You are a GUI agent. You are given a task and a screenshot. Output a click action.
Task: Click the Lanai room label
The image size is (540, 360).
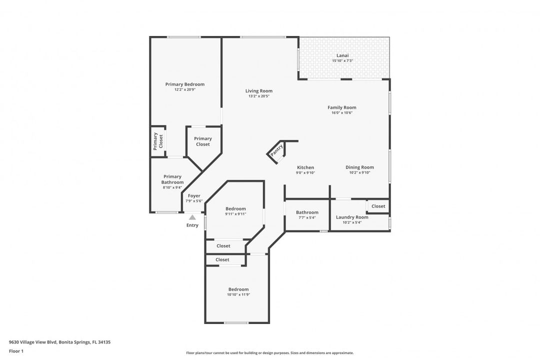(x=342, y=55)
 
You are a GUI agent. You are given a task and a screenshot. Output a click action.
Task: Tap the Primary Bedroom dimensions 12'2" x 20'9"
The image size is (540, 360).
(x=185, y=89)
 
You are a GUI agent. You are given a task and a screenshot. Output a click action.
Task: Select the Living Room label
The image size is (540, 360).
(x=259, y=91)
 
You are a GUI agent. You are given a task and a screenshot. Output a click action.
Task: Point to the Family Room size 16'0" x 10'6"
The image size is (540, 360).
(x=342, y=112)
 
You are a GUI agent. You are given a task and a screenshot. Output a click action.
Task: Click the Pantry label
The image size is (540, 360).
(x=276, y=150)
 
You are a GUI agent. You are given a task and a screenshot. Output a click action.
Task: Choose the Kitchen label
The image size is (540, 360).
(x=305, y=167)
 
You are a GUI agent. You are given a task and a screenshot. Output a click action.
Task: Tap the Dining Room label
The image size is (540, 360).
(x=359, y=167)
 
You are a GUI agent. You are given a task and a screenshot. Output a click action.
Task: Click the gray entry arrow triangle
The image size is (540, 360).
(x=192, y=217)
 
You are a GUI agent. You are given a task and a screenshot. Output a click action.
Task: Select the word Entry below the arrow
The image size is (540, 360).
(x=192, y=225)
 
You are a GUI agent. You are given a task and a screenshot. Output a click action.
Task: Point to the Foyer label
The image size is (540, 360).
(x=194, y=195)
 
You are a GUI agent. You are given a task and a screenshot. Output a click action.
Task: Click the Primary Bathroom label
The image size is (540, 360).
(x=172, y=179)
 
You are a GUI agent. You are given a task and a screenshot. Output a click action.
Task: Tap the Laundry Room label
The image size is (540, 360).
(x=352, y=217)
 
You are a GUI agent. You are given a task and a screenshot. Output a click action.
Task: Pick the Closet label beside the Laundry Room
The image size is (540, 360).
(x=378, y=206)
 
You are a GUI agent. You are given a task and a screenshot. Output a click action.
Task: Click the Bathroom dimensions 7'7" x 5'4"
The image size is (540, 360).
(x=307, y=217)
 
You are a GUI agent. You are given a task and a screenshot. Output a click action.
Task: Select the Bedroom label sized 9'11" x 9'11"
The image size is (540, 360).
(x=235, y=209)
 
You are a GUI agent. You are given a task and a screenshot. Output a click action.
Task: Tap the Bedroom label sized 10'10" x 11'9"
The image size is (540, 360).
(x=238, y=289)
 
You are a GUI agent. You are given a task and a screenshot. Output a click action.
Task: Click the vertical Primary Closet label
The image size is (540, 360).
(x=157, y=141)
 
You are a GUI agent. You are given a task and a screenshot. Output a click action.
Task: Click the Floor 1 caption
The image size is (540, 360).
(x=16, y=351)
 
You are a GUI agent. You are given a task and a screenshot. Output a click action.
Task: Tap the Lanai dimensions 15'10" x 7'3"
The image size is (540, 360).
(x=342, y=61)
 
